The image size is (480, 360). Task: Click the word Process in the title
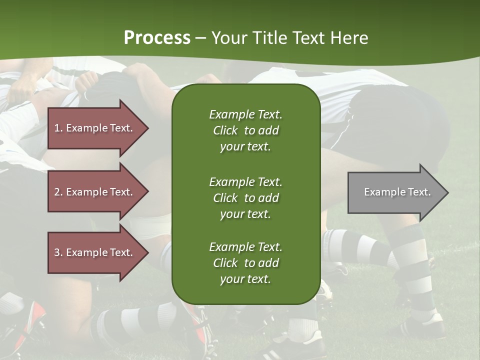click(x=157, y=38)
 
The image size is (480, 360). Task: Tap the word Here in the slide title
click(x=349, y=38)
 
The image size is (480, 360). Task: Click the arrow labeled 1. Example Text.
click(x=98, y=128)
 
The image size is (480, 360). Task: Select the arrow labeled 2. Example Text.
click(x=98, y=191)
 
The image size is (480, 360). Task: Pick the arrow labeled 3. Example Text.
click(x=98, y=252)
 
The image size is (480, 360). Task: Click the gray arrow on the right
click(x=398, y=192)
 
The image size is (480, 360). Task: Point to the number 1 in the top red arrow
click(x=57, y=128)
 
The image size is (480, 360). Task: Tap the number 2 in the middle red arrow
click(x=57, y=192)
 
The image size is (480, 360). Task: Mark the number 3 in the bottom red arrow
click(x=57, y=252)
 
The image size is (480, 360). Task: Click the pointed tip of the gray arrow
click(x=449, y=192)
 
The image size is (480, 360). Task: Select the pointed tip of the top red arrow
click(x=149, y=128)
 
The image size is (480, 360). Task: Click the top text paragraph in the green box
click(x=246, y=130)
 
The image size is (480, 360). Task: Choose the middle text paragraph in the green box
click(x=246, y=198)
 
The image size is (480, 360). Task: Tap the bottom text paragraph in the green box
click(x=246, y=262)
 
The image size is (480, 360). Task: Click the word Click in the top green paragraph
click(x=225, y=130)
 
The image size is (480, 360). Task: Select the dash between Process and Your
click(x=201, y=39)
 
